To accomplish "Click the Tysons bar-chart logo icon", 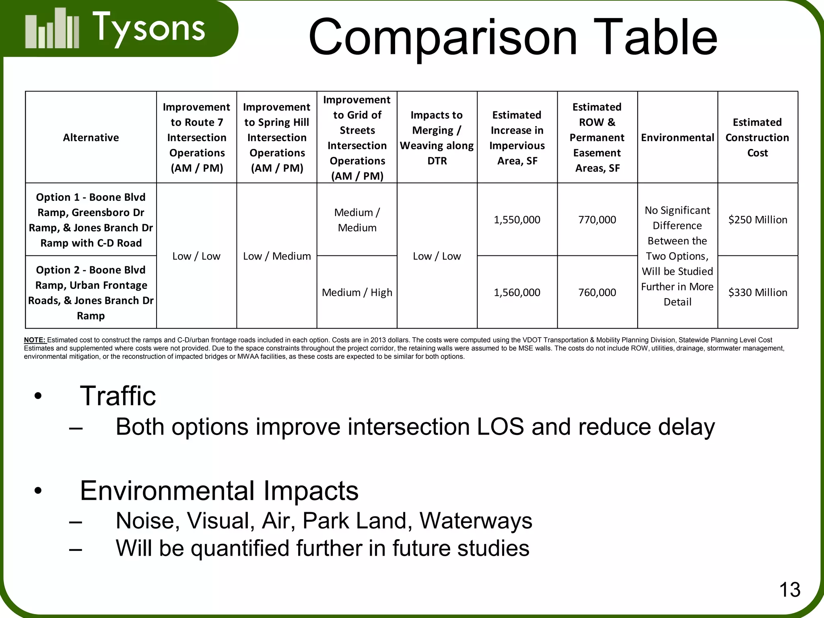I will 52,29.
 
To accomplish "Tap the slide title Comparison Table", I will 513,37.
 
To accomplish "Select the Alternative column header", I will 91,138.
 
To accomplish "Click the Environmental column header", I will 678,138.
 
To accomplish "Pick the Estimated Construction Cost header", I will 757,138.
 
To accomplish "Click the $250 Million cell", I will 758,220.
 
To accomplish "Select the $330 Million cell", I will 758,293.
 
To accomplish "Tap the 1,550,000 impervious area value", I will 517,220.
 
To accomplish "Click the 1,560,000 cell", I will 517,293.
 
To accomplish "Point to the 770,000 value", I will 597,220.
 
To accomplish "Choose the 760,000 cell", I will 597,293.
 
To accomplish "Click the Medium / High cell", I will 357,293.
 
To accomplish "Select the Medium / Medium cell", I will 357,220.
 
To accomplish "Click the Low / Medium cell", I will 277,256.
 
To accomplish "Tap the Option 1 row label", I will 91,220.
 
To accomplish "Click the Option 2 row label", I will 91,293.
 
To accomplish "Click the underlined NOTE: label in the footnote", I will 35,340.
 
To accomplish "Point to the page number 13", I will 790,590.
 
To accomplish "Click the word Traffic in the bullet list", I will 118,396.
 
